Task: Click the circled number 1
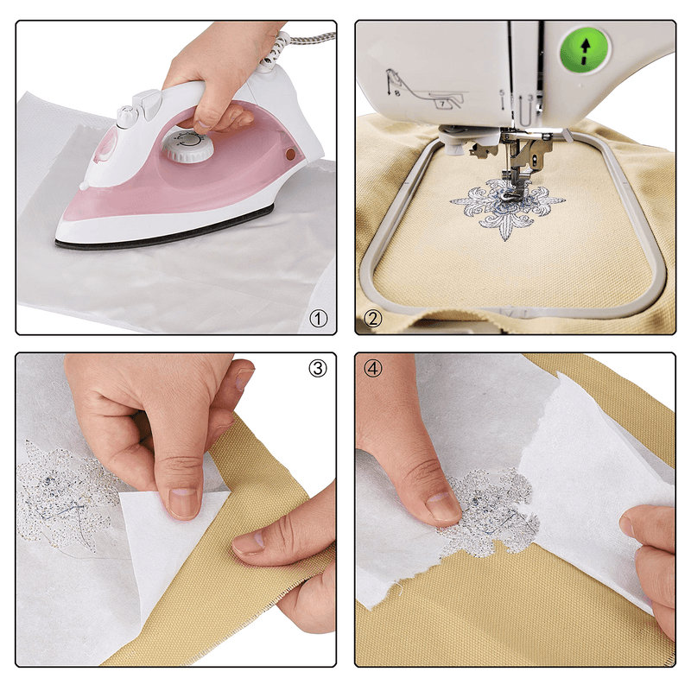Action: (320, 320)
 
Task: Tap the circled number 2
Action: (373, 320)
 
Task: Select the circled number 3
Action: (318, 369)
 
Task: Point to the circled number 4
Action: (373, 369)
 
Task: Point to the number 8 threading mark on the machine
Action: (397, 100)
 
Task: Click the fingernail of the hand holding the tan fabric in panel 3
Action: (248, 542)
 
